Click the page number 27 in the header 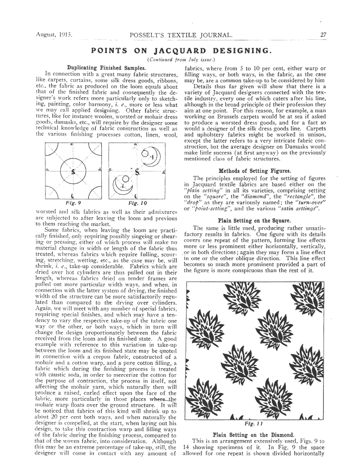[324, 35]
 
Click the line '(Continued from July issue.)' [180, 60]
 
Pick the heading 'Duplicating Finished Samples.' [106, 67]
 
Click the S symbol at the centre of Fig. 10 [136, 172]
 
